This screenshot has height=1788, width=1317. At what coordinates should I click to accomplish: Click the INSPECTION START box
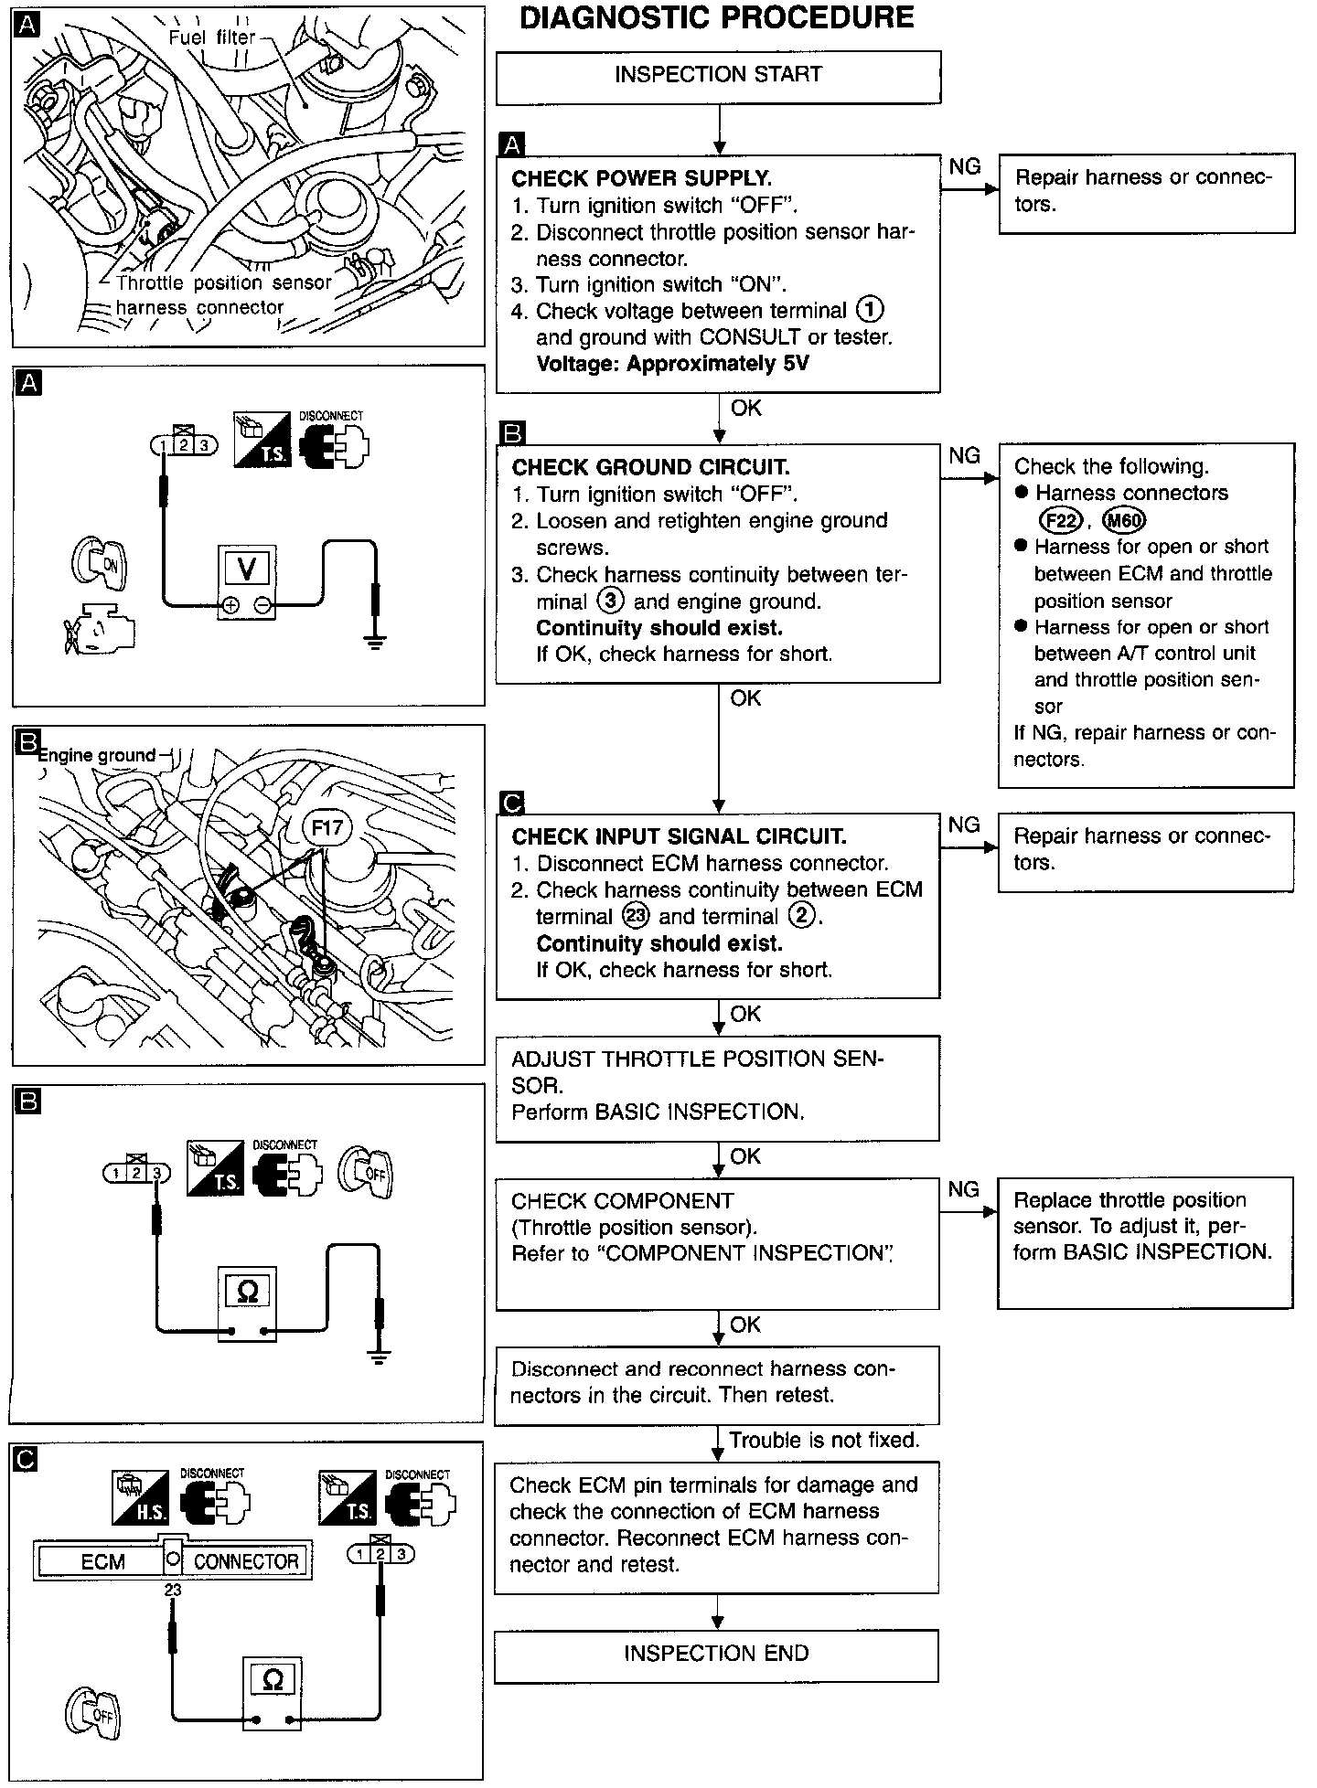point(718,76)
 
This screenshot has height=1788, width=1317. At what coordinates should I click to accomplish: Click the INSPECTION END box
point(716,1654)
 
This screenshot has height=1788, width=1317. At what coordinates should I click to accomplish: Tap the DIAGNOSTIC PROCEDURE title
point(716,18)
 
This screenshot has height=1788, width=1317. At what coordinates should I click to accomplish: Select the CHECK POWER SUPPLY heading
point(641,178)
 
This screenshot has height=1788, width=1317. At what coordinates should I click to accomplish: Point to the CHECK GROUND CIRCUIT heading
point(650,468)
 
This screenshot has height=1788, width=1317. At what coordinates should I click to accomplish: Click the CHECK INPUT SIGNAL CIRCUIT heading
point(679,836)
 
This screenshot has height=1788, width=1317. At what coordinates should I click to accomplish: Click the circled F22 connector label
point(1061,521)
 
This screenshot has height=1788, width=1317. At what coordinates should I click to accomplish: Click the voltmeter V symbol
point(247,569)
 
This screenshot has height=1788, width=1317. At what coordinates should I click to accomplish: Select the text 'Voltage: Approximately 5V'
point(672,364)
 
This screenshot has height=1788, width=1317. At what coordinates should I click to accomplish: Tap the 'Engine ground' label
point(97,755)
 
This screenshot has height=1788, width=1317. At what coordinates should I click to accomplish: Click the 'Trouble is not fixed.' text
point(824,1441)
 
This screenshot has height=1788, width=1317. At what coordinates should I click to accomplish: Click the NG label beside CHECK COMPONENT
point(964,1190)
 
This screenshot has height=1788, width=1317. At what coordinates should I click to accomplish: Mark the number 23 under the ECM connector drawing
point(173,1590)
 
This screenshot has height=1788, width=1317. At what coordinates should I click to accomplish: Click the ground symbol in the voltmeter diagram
point(375,643)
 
